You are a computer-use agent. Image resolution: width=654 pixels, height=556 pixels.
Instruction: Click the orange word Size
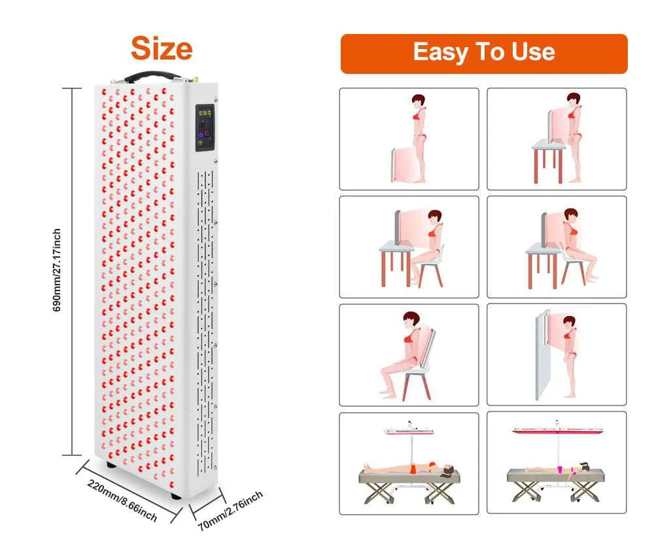click(162, 48)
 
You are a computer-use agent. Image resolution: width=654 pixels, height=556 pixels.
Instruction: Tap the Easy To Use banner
click(483, 52)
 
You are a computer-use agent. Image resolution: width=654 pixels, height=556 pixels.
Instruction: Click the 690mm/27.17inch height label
click(58, 269)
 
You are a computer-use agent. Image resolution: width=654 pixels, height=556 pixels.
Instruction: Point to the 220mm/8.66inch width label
click(122, 500)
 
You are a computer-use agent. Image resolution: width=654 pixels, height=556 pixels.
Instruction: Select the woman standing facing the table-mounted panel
click(574, 137)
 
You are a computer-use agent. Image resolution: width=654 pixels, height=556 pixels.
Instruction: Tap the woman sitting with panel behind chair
click(404, 353)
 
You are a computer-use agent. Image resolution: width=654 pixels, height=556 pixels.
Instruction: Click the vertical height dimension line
click(72, 269)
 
